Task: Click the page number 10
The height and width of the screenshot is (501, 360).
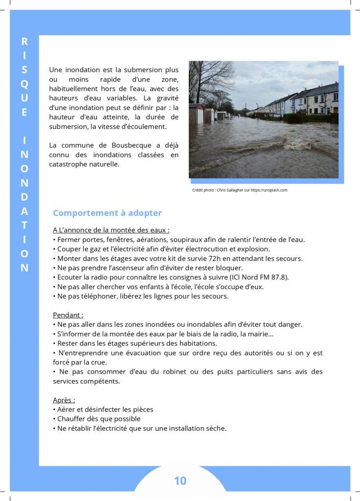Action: coord(180,481)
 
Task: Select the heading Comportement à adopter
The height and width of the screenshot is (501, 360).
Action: coord(107,213)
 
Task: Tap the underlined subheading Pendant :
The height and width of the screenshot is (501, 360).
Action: coord(68,315)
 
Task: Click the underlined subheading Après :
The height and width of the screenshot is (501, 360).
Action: coord(64,400)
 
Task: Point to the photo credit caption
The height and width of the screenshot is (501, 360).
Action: coord(240,190)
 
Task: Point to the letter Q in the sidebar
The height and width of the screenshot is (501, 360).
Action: coord(24,84)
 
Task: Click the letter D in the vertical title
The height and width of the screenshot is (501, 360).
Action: coord(24,197)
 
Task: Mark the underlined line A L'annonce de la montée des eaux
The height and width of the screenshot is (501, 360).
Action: coord(111,230)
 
